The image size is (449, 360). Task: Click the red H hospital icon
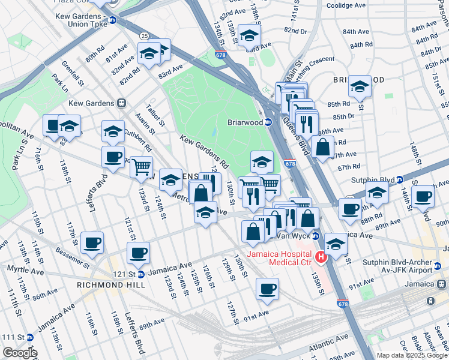321,257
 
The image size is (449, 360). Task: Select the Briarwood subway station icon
268,122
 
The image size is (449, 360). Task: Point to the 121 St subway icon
140,274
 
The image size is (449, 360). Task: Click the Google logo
19,353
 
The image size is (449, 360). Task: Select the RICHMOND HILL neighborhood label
110,285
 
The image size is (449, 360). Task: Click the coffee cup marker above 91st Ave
267,289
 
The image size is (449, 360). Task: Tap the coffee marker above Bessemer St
92,242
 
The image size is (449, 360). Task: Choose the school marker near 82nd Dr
249,35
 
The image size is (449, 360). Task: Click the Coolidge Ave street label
346,5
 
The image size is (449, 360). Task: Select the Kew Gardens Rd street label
204,151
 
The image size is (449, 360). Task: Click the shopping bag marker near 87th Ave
323,146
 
